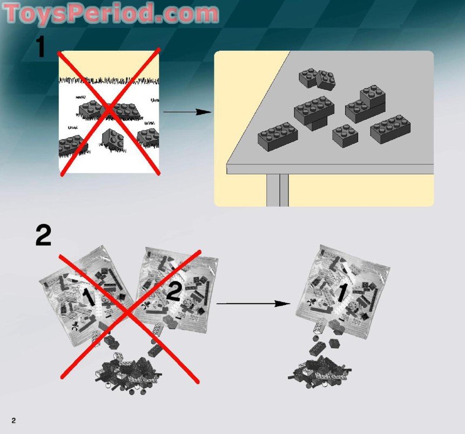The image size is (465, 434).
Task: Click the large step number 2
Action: click(x=43, y=236)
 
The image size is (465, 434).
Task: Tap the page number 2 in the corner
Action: click(x=13, y=420)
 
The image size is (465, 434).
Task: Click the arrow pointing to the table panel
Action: click(x=186, y=112)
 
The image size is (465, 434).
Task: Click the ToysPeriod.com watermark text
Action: click(x=111, y=13)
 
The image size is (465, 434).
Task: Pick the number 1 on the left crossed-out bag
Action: click(x=87, y=296)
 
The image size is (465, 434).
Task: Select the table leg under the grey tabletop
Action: click(x=277, y=189)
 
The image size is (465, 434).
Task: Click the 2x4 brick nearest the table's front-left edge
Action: click(x=278, y=135)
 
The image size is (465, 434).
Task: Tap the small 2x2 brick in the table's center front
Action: click(x=345, y=135)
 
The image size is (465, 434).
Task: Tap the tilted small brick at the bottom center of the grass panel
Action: click(x=113, y=139)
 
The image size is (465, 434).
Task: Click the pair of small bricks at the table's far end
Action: click(x=318, y=78)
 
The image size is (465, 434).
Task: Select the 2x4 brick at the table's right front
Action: click(x=390, y=128)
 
